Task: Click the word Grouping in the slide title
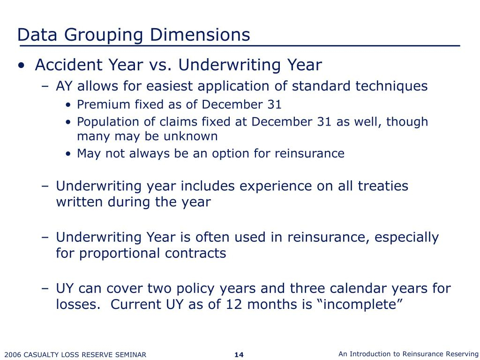coord(104,35)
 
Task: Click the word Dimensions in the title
coord(200,34)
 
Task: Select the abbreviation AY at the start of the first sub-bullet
coord(64,86)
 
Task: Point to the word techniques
coord(391,86)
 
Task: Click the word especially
coord(406,237)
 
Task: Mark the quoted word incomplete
coord(360,304)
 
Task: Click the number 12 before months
coord(232,305)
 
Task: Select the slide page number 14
coord(239,354)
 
